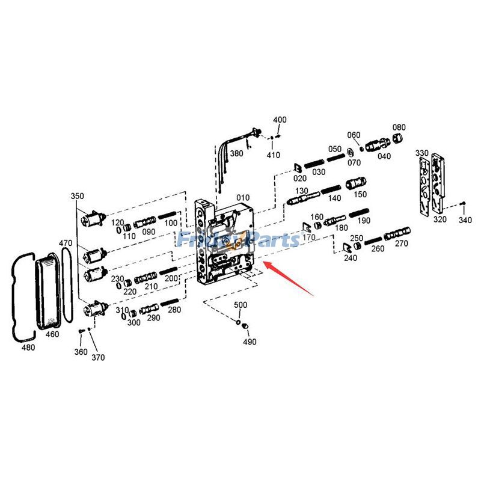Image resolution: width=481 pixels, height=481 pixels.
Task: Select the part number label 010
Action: coord(242,197)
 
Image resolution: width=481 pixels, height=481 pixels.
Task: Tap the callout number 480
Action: coord(28,347)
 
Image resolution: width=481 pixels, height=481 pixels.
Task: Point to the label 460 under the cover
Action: coord(52,334)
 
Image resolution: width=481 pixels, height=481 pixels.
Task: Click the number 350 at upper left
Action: coord(78,196)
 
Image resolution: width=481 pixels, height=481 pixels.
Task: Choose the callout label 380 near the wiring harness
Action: coord(236,153)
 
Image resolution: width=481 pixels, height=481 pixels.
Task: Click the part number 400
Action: coord(280,120)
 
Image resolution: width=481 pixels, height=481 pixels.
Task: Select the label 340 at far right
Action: coord(465,220)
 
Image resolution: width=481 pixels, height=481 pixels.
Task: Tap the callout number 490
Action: coord(250,342)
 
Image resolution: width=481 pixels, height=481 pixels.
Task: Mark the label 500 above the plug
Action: coord(240,305)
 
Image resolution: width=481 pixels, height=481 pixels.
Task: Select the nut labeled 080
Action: coord(398,139)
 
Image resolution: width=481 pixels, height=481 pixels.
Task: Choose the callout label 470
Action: coord(66,243)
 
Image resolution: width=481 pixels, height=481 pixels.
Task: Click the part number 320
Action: coord(440,219)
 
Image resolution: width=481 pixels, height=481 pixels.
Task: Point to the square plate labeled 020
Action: coord(298,167)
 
